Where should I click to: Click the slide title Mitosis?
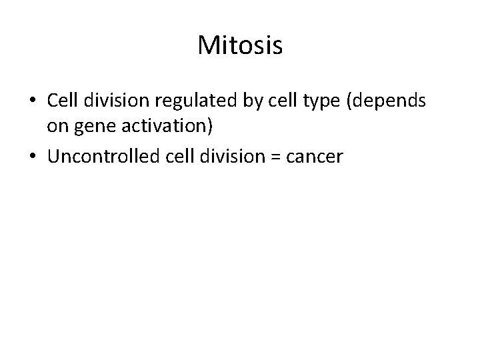(240, 46)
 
